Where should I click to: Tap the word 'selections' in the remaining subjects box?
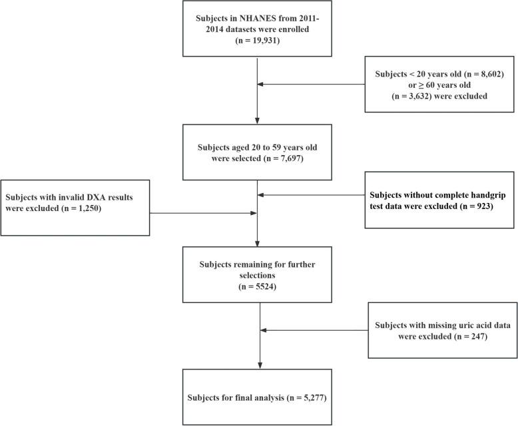click(x=257, y=274)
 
